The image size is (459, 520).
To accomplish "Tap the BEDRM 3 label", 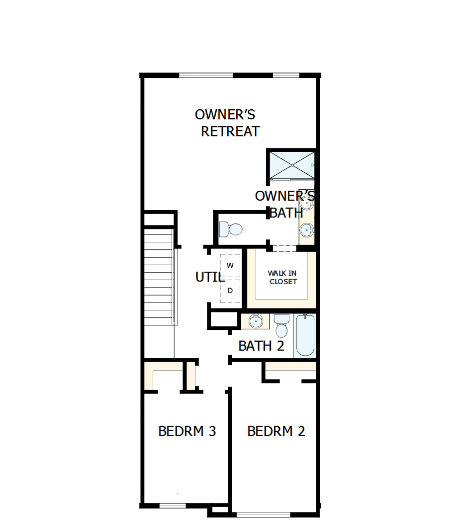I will pyautogui.click(x=187, y=431).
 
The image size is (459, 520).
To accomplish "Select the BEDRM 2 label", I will pyautogui.click(x=276, y=431).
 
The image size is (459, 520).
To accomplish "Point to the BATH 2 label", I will pyautogui.click(x=261, y=346).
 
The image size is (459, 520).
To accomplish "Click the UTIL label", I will pyautogui.click(x=209, y=277).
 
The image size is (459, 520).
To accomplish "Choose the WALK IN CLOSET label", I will pyautogui.click(x=282, y=277).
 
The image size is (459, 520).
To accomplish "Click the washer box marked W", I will pyautogui.click(x=230, y=265).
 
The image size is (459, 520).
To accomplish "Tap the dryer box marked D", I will pyautogui.click(x=230, y=291).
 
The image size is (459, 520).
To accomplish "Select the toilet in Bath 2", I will pyautogui.click(x=281, y=327).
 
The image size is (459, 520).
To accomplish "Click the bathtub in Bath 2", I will pyautogui.click(x=305, y=335).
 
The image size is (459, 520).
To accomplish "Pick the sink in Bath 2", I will pyautogui.click(x=256, y=321).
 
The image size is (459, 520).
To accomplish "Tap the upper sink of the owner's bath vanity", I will pyautogui.click(x=307, y=203).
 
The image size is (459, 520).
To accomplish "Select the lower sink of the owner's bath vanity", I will pyautogui.click(x=307, y=230).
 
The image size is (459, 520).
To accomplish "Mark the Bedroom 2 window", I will pyautogui.click(x=264, y=513).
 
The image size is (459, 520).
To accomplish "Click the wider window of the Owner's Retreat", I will pyautogui.click(x=205, y=75).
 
